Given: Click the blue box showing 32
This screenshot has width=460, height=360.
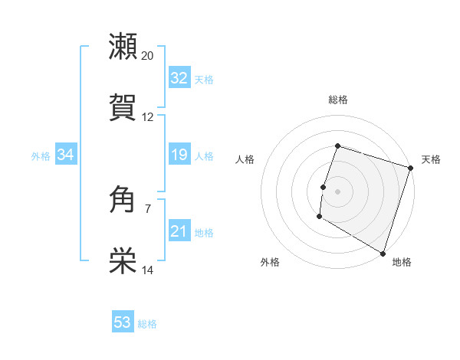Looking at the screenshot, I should pyautogui.click(x=179, y=78).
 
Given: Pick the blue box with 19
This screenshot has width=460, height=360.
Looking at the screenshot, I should pyautogui.click(x=179, y=155).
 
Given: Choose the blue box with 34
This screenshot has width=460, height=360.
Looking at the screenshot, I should pyautogui.click(x=65, y=155).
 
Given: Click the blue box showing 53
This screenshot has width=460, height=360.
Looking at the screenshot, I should pyautogui.click(x=123, y=322).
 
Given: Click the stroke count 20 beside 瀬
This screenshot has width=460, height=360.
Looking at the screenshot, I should pyautogui.click(x=148, y=55).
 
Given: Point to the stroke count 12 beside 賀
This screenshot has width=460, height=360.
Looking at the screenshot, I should pyautogui.click(x=148, y=117).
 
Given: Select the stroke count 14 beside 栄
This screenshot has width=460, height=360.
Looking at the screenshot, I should pyautogui.click(x=148, y=270).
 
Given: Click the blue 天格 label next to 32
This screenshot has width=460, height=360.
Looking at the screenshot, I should pyautogui.click(x=204, y=80).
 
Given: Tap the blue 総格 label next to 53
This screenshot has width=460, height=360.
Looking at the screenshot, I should pyautogui.click(x=147, y=324).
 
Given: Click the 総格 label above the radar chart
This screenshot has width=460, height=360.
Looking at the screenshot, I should pyautogui.click(x=337, y=100).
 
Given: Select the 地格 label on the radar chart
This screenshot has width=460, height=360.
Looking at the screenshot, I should pyautogui.click(x=402, y=262).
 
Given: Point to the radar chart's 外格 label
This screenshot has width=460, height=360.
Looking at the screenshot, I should pyautogui.click(x=270, y=262).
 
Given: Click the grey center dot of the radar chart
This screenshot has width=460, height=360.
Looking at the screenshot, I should pyautogui.click(x=337, y=191).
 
